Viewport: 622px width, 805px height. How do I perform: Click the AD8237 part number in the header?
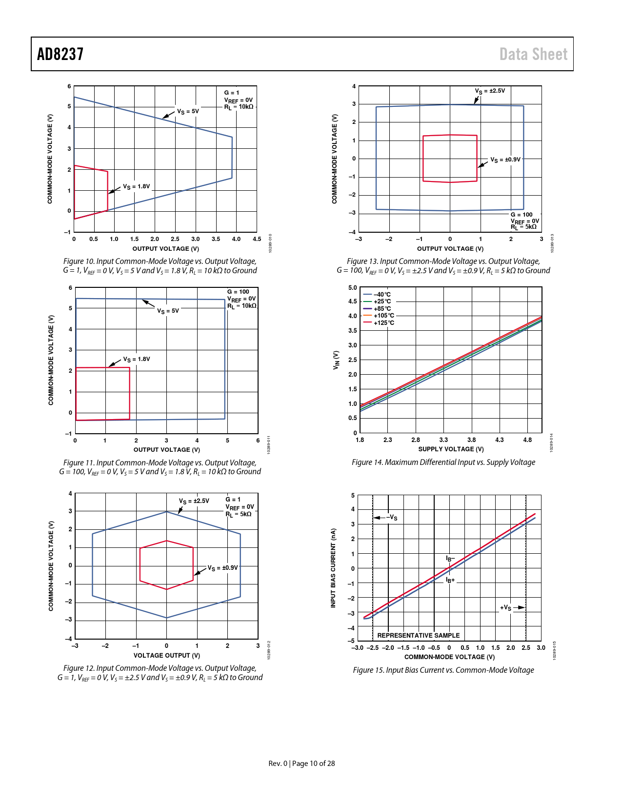(60, 54)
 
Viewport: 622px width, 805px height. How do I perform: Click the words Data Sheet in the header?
(533, 54)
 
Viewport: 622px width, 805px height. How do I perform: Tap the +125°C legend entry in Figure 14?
(384, 323)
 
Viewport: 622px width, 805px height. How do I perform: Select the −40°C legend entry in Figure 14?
(382, 295)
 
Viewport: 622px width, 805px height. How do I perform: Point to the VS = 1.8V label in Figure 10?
(136, 187)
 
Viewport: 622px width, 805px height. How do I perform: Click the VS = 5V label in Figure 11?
(168, 311)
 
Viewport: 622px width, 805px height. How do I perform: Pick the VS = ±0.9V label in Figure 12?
(222, 568)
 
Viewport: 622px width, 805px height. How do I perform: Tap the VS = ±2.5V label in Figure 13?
(490, 91)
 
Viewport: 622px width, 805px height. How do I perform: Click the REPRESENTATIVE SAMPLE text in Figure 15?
(418, 635)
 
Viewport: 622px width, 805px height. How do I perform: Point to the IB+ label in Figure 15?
(450, 581)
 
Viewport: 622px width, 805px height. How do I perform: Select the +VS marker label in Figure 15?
(506, 608)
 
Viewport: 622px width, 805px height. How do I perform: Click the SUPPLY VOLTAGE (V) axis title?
(451, 449)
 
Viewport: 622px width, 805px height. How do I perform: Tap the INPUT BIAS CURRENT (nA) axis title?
(333, 568)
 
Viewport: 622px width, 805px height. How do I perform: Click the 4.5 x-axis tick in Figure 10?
(257, 239)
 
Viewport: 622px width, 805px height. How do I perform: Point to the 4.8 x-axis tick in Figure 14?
(527, 440)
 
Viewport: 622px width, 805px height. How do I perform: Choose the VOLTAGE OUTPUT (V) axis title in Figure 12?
(166, 655)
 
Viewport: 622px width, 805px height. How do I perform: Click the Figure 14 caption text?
(443, 462)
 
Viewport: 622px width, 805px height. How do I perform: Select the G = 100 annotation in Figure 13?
(522, 215)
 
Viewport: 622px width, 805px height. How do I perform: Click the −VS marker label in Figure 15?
(392, 518)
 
